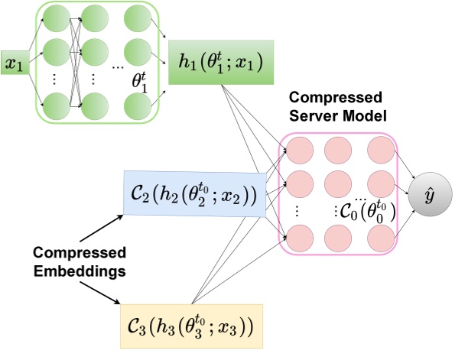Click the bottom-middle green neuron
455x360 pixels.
96,102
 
